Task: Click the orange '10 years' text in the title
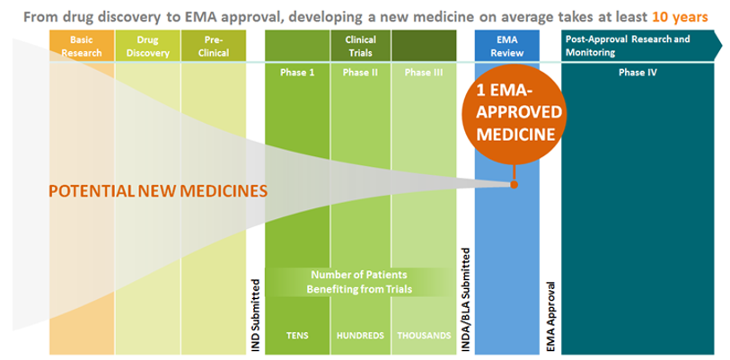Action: (x=680, y=18)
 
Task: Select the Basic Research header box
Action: (x=82, y=46)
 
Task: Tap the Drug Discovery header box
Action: (x=147, y=46)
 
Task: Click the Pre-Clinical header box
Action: (x=214, y=46)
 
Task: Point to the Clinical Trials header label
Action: (x=361, y=46)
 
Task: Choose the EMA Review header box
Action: (x=507, y=46)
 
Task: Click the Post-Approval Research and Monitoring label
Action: (x=628, y=46)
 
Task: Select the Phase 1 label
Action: (x=297, y=73)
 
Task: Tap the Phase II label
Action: (x=361, y=73)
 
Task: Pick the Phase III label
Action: (x=424, y=73)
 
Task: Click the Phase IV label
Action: (x=638, y=73)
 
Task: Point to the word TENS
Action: (x=297, y=336)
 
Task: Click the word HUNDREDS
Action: (x=360, y=336)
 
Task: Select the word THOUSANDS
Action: (x=424, y=336)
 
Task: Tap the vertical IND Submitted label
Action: (x=256, y=314)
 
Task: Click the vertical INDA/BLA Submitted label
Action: (x=465, y=300)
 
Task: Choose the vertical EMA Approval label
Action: (x=550, y=316)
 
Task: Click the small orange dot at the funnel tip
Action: (x=514, y=185)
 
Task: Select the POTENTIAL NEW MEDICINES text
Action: (x=158, y=191)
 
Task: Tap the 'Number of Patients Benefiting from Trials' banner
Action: (x=359, y=282)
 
